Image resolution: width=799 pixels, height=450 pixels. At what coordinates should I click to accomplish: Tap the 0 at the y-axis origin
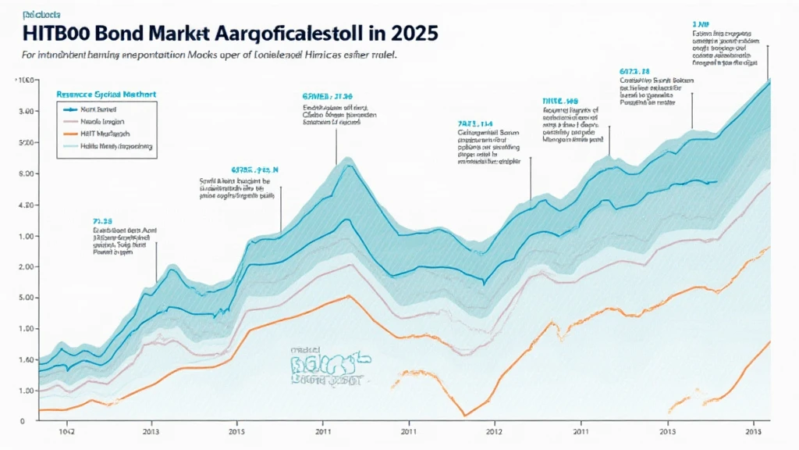pos(23,421)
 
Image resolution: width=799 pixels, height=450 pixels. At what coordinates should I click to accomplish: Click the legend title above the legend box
pos(106,94)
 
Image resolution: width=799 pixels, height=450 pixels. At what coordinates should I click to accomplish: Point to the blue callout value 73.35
pos(103,220)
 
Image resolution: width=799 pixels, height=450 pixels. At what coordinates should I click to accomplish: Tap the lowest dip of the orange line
pos(465,415)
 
